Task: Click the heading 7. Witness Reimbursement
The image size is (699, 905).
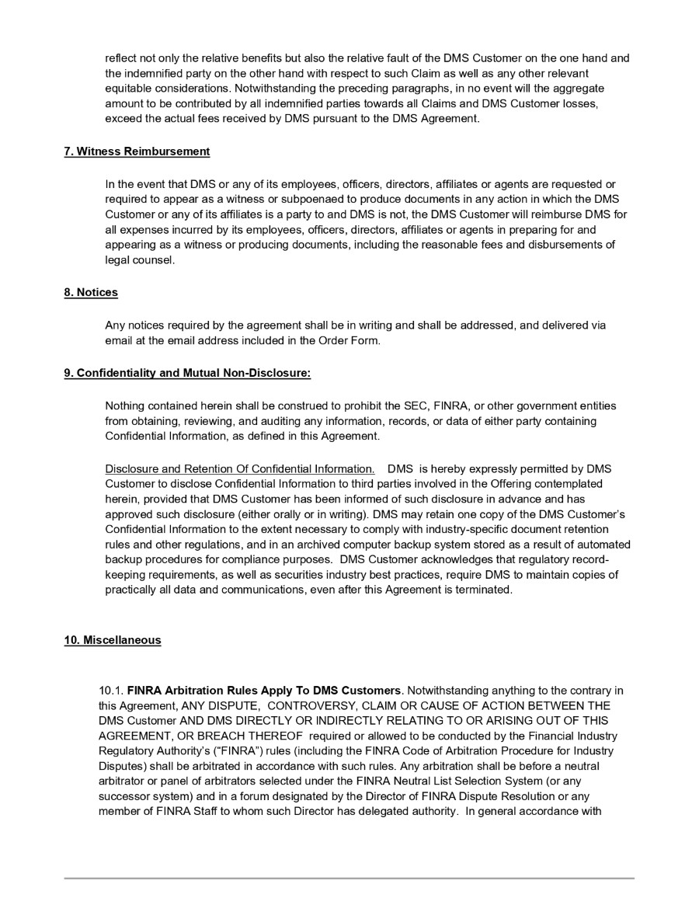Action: coord(137,151)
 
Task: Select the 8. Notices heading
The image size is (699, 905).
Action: coord(91,292)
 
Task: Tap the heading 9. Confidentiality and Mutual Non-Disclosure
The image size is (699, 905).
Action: coord(187,373)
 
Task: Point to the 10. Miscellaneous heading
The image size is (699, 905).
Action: coord(113,640)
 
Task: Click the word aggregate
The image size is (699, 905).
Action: coord(578,89)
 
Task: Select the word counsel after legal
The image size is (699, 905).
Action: coord(153,260)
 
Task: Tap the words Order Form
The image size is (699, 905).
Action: coord(350,340)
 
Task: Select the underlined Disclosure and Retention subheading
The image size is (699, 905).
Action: coord(240,468)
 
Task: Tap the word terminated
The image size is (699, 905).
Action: coord(485,590)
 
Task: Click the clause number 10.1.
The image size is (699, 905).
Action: coord(111,690)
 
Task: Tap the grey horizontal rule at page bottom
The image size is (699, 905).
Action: coord(349,879)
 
